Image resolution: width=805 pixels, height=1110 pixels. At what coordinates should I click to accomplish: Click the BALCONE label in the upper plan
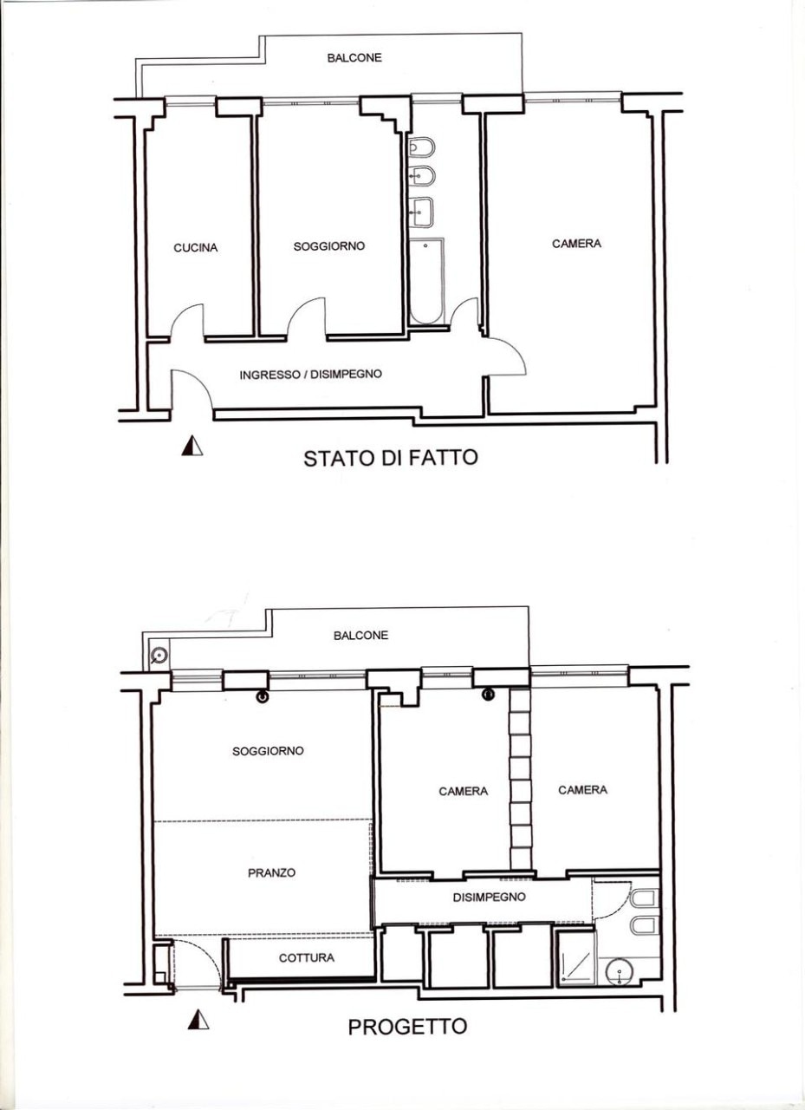pyautogui.click(x=354, y=58)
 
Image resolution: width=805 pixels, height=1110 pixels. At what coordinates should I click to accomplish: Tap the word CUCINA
pyautogui.click(x=196, y=247)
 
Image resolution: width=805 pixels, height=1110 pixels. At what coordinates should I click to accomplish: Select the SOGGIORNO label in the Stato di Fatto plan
pyautogui.click(x=328, y=245)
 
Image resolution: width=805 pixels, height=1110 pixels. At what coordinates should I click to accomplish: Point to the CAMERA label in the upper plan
pyautogui.click(x=576, y=244)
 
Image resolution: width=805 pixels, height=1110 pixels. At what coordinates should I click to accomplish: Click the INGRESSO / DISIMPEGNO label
pyautogui.click(x=310, y=374)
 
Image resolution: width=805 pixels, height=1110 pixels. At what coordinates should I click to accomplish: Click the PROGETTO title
pyautogui.click(x=407, y=1026)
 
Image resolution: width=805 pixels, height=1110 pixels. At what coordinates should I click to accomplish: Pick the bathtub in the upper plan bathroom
pyautogui.click(x=426, y=281)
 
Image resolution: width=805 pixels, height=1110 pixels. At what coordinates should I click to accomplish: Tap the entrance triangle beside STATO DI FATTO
pyautogui.click(x=192, y=446)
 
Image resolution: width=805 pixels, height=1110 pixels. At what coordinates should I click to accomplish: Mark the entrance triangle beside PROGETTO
pyautogui.click(x=198, y=1020)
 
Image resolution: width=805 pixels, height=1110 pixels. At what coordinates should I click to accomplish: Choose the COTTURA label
pyautogui.click(x=307, y=958)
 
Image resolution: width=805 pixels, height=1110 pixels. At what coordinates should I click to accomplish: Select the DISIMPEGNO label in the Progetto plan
pyautogui.click(x=489, y=897)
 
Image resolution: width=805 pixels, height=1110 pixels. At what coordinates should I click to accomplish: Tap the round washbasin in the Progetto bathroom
pyautogui.click(x=620, y=972)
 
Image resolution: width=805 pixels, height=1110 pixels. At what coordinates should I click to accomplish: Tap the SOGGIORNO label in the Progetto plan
pyautogui.click(x=268, y=751)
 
